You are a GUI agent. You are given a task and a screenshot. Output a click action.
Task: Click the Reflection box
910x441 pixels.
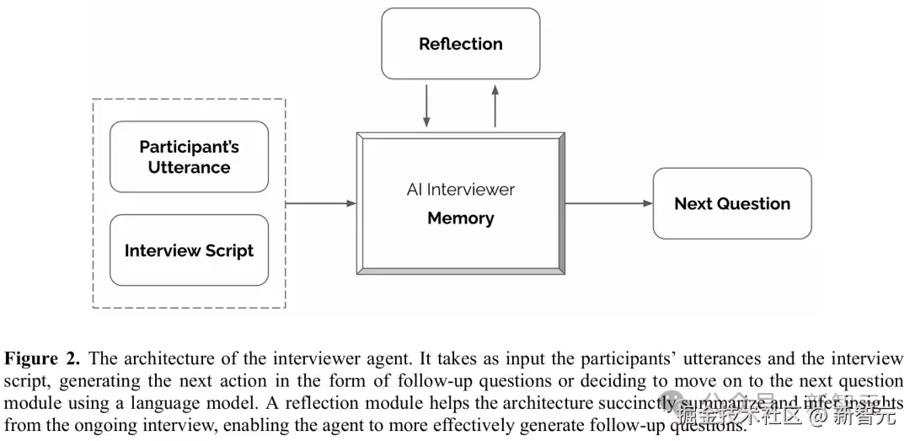tap(460, 44)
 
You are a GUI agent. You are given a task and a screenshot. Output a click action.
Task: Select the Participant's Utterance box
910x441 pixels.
tap(189, 157)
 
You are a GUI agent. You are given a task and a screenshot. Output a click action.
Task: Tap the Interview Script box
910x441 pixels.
tap(189, 250)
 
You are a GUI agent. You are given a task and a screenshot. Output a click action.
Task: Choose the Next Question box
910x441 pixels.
tap(731, 203)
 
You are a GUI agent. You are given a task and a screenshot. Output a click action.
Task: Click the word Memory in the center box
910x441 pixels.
tap(460, 218)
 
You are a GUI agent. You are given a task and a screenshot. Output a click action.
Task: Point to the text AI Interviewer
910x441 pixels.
tap(460, 190)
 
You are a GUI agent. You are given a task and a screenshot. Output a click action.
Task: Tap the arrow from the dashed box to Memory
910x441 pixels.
tap(321, 203)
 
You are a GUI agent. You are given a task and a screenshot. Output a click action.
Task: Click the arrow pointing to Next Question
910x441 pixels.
tap(608, 203)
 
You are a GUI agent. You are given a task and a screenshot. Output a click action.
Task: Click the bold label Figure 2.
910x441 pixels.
tap(42, 358)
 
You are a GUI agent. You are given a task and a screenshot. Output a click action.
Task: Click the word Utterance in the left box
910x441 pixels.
tap(189, 167)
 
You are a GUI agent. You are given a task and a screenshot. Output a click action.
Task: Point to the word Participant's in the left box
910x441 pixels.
tap(189, 147)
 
